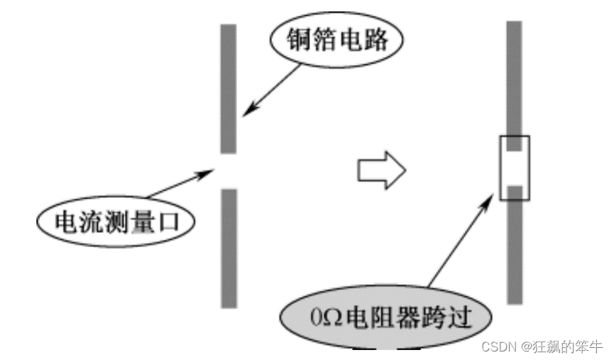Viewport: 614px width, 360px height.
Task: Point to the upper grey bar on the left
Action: [x=228, y=89]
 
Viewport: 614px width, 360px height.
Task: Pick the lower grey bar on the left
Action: [x=228, y=248]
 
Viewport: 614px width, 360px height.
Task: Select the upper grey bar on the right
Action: [x=515, y=78]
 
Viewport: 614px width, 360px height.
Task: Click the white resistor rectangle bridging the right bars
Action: [x=515, y=168]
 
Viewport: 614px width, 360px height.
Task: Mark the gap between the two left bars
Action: [x=228, y=170]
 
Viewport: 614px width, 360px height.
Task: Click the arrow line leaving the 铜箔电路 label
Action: [x=273, y=89]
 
